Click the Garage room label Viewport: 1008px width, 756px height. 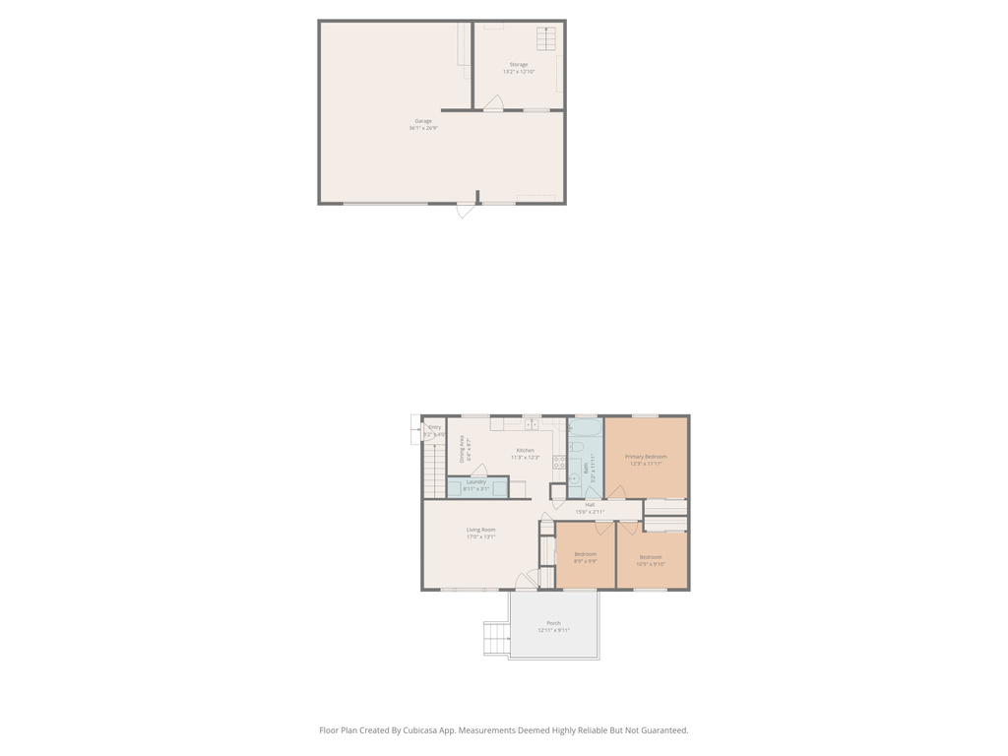[x=423, y=121]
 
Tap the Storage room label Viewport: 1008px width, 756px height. [x=519, y=65]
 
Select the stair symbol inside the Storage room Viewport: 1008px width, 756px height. [x=545, y=38]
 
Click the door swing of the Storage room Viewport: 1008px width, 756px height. [x=494, y=102]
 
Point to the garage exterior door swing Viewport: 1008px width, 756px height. [x=466, y=210]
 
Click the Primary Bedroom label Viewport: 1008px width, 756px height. [x=646, y=457]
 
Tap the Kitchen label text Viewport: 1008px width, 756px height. [x=525, y=451]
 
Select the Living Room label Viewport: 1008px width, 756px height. [x=481, y=530]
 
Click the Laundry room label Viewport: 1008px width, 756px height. [x=475, y=481]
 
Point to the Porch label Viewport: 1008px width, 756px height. [x=553, y=623]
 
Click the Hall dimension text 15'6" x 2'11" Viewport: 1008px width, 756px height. [x=590, y=512]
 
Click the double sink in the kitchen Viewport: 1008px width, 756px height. [x=531, y=424]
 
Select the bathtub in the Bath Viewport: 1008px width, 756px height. [x=586, y=428]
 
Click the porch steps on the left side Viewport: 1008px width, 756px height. [x=496, y=638]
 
